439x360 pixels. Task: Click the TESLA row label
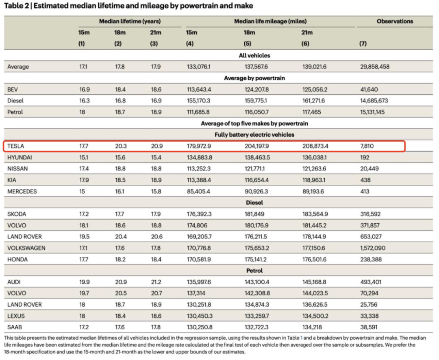[16, 146]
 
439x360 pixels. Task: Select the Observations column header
[395, 21]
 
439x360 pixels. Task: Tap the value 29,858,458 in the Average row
[375, 67]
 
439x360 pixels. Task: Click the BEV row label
[13, 89]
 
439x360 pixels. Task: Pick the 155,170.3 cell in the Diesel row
[198, 101]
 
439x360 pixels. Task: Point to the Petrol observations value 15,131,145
[372, 112]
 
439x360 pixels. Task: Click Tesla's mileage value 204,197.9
[256, 146]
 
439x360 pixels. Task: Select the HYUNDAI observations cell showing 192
[365, 157]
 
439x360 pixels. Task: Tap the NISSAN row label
[17, 169]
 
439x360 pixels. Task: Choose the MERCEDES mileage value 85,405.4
[198, 192]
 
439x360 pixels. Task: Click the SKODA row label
[17, 214]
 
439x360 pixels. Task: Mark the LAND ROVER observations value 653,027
[371, 237]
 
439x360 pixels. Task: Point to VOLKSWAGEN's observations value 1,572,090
[373, 248]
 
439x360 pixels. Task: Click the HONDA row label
[17, 260]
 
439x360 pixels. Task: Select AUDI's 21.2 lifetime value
[156, 282]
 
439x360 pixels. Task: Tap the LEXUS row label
[16, 316]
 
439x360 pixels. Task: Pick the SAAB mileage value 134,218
[312, 327]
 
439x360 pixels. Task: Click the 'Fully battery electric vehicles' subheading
[254, 135]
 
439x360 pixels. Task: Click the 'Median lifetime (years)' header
[130, 21]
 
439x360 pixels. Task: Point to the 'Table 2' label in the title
[17, 6]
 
